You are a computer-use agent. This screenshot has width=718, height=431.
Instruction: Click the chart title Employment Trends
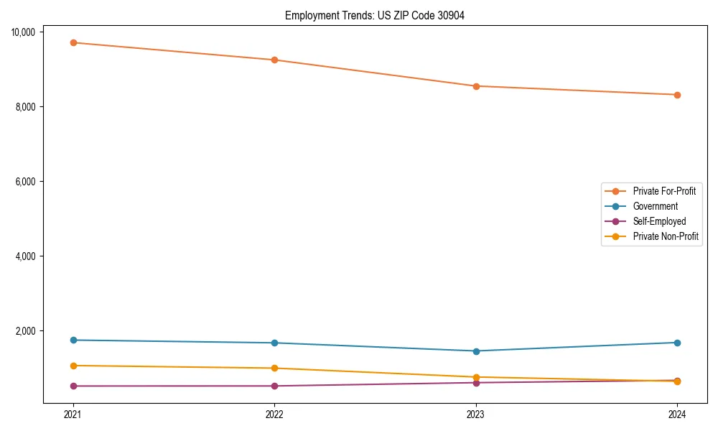pos(374,16)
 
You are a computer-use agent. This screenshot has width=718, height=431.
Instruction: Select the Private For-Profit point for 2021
pos(73,42)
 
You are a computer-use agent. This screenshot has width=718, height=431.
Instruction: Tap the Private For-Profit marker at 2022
pos(274,60)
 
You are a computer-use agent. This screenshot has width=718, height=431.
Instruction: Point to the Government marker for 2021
pos(73,340)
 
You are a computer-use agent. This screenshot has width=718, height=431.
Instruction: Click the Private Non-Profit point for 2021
pos(73,366)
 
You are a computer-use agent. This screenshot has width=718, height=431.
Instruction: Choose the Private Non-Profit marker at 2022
pos(274,368)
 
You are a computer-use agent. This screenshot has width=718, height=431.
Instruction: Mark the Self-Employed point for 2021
pos(73,386)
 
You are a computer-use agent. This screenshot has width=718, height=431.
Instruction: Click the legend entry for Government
pos(655,206)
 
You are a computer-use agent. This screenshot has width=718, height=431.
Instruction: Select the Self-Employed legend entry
pos(659,221)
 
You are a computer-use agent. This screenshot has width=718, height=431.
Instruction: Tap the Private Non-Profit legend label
pos(666,236)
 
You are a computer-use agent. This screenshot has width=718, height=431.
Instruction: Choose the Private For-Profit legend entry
pos(664,191)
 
